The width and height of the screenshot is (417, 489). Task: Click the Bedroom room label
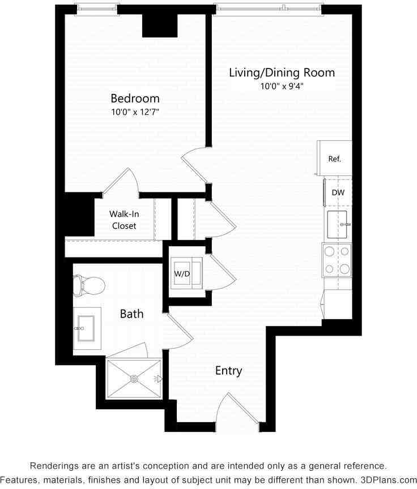135,98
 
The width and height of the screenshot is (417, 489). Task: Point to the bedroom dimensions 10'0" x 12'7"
135,112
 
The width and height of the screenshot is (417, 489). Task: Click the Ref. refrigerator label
335,159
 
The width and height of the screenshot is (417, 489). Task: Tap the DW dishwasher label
338,192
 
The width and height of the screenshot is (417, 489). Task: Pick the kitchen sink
338,224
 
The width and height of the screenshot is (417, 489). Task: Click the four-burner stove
337,260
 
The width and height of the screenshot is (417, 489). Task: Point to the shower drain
135,379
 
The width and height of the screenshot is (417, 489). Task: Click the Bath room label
131,314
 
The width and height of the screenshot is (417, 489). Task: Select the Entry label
229,371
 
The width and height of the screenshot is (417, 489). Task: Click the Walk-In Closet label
124,220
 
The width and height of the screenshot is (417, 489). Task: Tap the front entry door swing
235,409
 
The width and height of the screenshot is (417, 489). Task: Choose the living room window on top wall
268,8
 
